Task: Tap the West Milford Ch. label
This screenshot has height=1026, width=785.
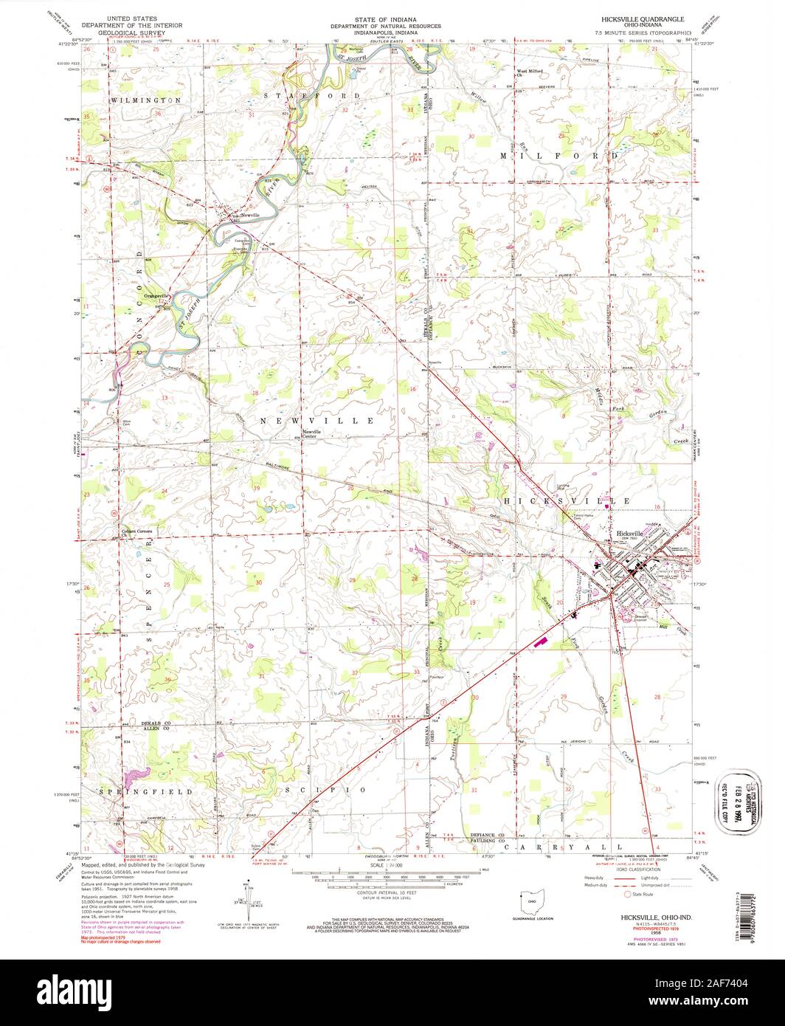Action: point(528,73)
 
